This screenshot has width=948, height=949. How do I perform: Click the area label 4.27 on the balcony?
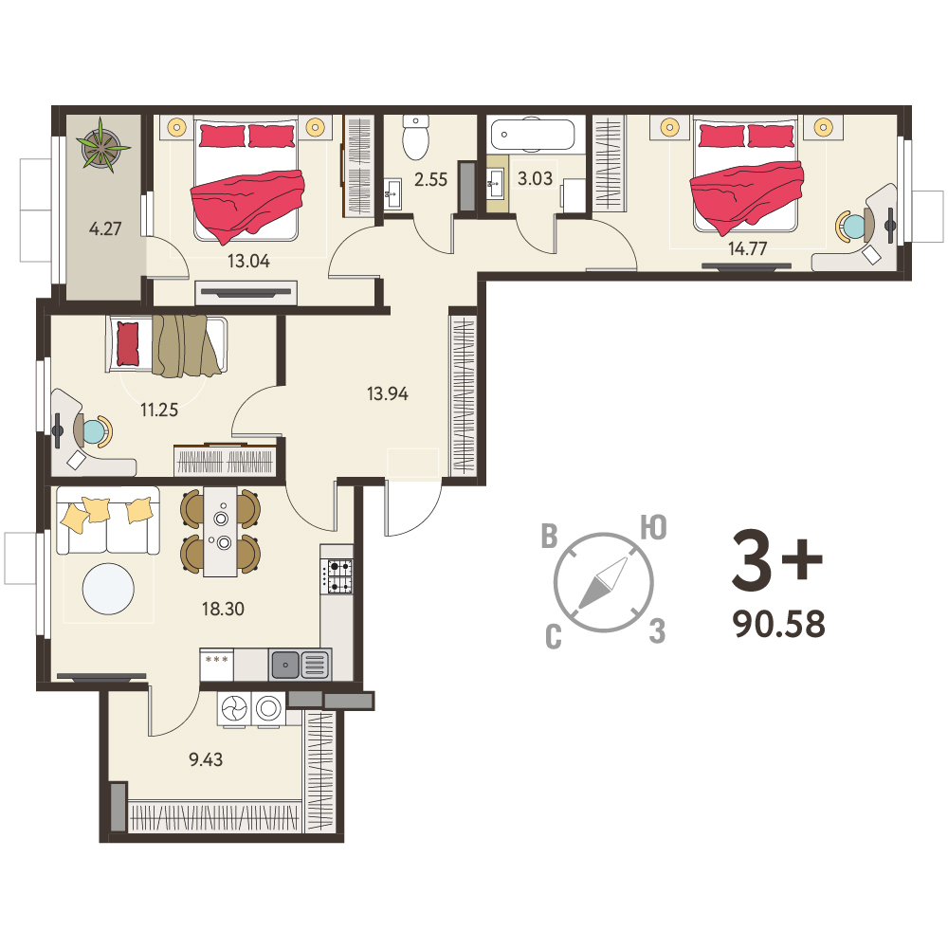pyautogui.click(x=105, y=228)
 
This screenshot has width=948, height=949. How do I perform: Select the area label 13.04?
pyautogui.click(x=248, y=261)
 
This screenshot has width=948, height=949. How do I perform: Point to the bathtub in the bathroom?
pyautogui.click(x=532, y=134)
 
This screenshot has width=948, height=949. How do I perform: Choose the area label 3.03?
pyautogui.click(x=535, y=178)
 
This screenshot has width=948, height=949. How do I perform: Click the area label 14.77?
pyautogui.click(x=748, y=248)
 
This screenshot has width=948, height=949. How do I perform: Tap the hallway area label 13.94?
pyautogui.click(x=388, y=394)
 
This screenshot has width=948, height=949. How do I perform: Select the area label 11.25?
pyautogui.click(x=159, y=411)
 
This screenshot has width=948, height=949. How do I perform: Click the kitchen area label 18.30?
pyautogui.click(x=223, y=609)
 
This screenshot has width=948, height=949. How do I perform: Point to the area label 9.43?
pyautogui.click(x=206, y=759)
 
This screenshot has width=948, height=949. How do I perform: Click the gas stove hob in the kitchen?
pyautogui.click(x=339, y=576)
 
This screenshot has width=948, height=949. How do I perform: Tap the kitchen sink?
pyautogui.click(x=300, y=665)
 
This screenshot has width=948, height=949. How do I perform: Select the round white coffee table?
pyautogui.click(x=108, y=589)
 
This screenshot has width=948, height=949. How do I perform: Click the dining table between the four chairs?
pyautogui.click(x=220, y=532)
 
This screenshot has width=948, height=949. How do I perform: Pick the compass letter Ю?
pyautogui.click(x=654, y=527)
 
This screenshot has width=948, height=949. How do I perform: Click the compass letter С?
pyautogui.click(x=554, y=637)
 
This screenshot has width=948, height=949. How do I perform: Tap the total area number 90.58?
pyautogui.click(x=779, y=624)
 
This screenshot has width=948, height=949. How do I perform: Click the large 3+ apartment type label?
pyautogui.click(x=777, y=560)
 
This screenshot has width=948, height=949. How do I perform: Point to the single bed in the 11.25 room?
pyautogui.click(x=167, y=344)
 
